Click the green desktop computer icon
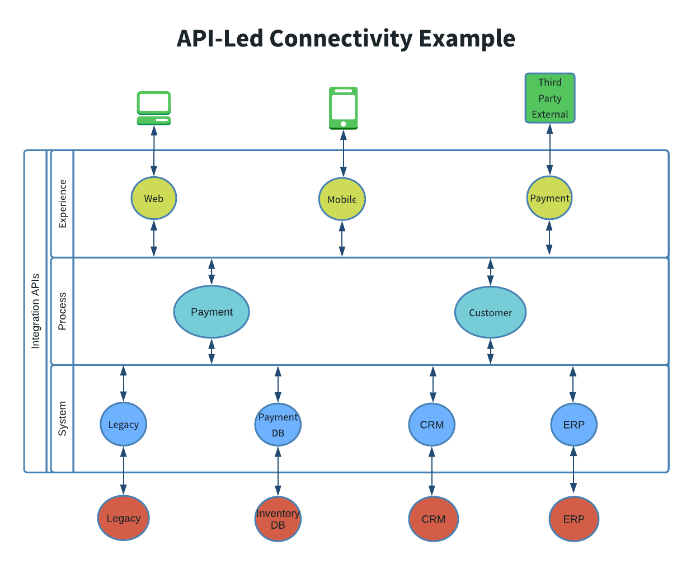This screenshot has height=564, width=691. click(x=154, y=108)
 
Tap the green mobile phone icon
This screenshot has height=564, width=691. click(x=343, y=108)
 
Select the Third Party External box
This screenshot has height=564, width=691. click(x=549, y=98)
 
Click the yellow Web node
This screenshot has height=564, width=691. click(x=154, y=198)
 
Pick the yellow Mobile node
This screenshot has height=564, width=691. click(x=342, y=199)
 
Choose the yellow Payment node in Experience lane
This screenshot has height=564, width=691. click(x=549, y=198)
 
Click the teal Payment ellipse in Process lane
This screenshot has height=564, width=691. click(x=211, y=312)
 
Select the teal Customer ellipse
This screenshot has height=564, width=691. click(x=490, y=312)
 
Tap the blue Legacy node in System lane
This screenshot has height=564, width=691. click(x=123, y=424)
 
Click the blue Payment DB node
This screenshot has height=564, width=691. click(x=278, y=425)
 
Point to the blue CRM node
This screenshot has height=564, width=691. click(x=431, y=425)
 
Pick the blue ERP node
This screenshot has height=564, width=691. click(x=574, y=425)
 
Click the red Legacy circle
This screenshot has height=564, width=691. click(x=123, y=518)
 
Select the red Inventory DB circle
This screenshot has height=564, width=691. click(x=278, y=519)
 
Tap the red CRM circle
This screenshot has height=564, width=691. click(x=433, y=519)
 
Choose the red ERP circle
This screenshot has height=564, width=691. click(x=574, y=519)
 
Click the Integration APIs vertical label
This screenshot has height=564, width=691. click(x=35, y=311)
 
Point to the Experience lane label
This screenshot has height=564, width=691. click(x=63, y=204)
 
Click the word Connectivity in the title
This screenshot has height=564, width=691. click(x=341, y=39)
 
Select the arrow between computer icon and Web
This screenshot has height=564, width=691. click(x=154, y=150)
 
